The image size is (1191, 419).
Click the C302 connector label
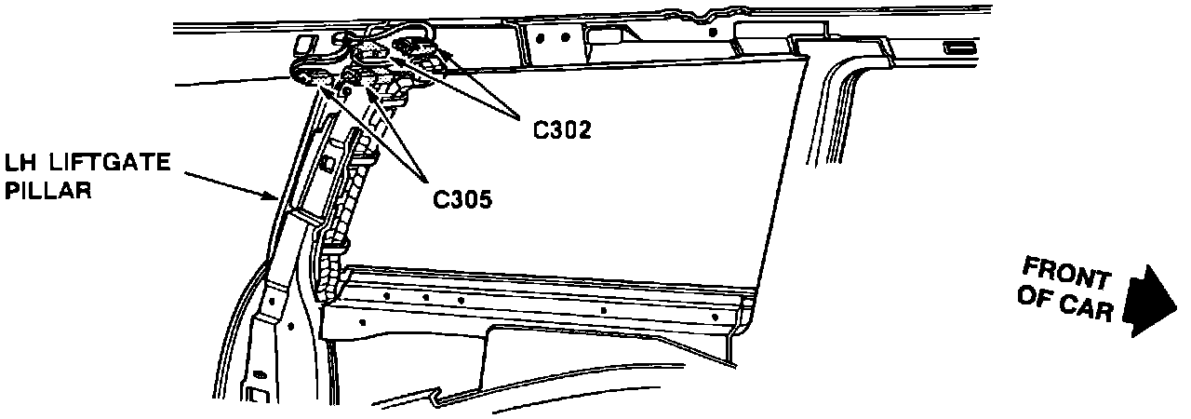pyautogui.click(x=562, y=130)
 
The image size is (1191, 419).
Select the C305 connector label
pyautogui.click(x=462, y=197)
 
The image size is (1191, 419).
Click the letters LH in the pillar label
pyautogui.click(x=20, y=164)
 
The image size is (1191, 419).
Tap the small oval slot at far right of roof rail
pyautogui.click(x=957, y=47)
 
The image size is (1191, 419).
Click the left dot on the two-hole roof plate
pyautogui.click(x=542, y=36)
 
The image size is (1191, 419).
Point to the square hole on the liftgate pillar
pyautogui.click(x=328, y=164)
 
